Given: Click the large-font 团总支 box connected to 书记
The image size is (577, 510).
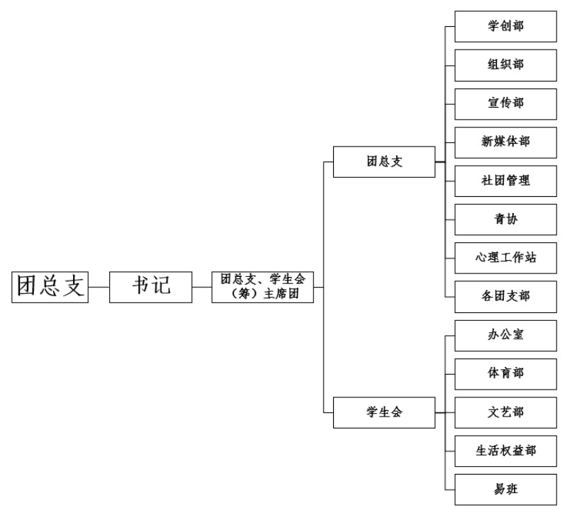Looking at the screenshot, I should click(50, 287).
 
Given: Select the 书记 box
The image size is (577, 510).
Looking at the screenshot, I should click(151, 287).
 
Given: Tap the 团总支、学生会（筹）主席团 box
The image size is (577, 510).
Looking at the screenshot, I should click(262, 287).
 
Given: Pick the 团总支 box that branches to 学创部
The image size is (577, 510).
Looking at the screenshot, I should click(384, 161).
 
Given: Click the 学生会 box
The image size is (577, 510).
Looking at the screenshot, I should click(384, 412).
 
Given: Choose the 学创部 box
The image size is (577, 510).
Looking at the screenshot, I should click(505, 26).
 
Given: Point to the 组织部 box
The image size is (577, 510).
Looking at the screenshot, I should click(505, 64).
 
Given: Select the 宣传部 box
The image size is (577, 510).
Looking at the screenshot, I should click(505, 103).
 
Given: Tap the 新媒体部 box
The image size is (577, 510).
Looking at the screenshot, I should click(505, 142).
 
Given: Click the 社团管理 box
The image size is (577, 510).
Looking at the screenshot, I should click(505, 181).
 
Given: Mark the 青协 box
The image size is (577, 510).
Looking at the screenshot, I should click(505, 219).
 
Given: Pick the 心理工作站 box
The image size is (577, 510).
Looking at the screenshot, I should click(505, 258).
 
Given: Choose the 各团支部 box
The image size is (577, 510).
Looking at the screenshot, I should click(505, 296).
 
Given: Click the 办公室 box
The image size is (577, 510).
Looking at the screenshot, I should click(505, 335).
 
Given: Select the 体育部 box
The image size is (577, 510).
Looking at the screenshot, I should click(505, 373).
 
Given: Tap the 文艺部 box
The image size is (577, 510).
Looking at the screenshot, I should click(505, 412).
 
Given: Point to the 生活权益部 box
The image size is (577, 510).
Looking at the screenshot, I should click(505, 450).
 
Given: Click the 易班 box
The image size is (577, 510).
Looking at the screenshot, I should click(505, 489).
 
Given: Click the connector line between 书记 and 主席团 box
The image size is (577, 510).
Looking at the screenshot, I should click(202, 288).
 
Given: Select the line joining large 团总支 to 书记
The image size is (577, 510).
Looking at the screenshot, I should click(99, 288).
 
